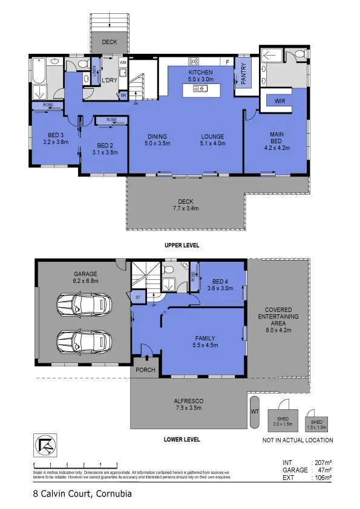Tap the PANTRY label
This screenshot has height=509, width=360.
coord(244,74)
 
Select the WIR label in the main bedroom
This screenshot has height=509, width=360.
coord(280,102)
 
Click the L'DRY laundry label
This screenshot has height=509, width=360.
coord(109,80)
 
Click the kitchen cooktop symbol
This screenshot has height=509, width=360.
coord(195,61)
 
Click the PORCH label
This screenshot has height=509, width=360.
coord(145,369)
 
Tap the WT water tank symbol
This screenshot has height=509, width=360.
coord(254,412)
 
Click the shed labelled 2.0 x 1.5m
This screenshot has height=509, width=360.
coord(283,421)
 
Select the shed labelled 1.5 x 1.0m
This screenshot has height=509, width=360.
coord(317,424)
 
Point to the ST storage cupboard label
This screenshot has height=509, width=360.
coord(138,297)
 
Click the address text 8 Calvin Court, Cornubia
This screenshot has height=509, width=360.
coord(82,494)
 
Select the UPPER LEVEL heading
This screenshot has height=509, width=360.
coord(182,246)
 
